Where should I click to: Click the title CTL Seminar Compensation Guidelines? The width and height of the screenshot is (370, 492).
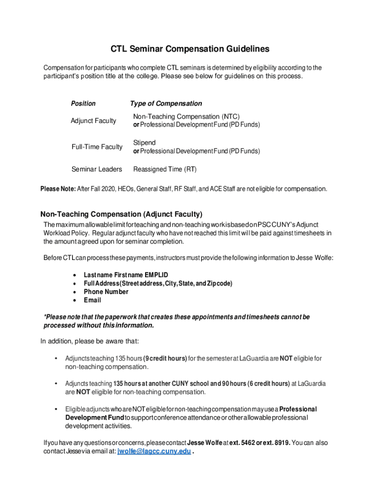click(190, 49)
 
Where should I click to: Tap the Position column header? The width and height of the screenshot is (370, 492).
click(83, 103)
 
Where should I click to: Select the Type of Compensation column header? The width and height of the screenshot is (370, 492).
click(166, 103)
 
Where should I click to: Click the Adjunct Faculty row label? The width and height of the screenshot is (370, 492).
click(94, 121)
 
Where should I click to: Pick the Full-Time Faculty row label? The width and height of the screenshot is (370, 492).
click(97, 147)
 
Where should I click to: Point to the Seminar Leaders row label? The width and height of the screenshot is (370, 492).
click(97, 169)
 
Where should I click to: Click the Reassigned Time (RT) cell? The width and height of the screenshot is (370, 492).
click(165, 169)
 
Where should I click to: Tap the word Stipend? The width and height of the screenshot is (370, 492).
click(144, 143)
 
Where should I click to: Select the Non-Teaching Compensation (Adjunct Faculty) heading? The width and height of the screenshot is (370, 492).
click(121, 214)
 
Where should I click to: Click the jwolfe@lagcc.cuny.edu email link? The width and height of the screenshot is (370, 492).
click(154, 451)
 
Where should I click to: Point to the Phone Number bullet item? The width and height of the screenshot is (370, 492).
click(106, 292)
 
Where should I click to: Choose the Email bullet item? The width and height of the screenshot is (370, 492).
click(92, 300)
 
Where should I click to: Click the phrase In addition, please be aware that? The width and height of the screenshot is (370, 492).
click(89, 341)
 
